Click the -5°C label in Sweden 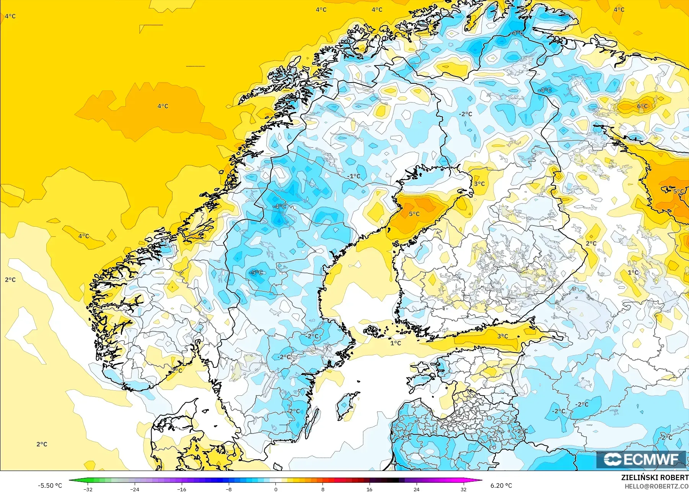click(x=256, y=273)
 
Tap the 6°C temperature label click(x=643, y=106)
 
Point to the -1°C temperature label click(x=354, y=176)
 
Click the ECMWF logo click(x=641, y=459)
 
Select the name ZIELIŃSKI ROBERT click(x=655, y=477)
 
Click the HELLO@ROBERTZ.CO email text click(x=656, y=486)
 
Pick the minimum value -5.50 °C click(x=50, y=486)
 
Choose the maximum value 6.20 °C click(x=501, y=486)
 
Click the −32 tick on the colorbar click(x=88, y=489)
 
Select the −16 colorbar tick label click(x=182, y=489)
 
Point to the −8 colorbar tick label click(x=229, y=489)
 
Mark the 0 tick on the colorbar click(x=276, y=489)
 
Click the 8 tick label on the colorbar click(x=323, y=489)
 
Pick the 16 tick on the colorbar click(x=370, y=489)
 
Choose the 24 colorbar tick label click(x=417, y=489)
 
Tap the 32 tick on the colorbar click(x=464, y=489)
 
